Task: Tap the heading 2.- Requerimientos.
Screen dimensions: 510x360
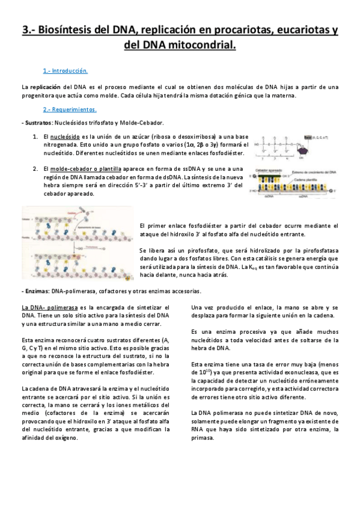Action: point(70,109)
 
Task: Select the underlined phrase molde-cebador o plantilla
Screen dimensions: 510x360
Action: point(85,169)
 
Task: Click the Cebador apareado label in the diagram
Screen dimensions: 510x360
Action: point(270,171)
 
